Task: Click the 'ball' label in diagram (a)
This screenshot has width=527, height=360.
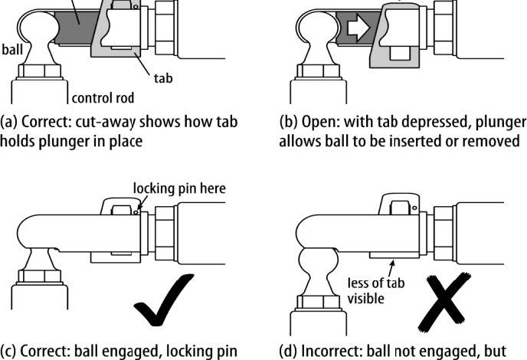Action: (12, 51)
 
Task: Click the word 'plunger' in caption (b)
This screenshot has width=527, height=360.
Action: (497, 123)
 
